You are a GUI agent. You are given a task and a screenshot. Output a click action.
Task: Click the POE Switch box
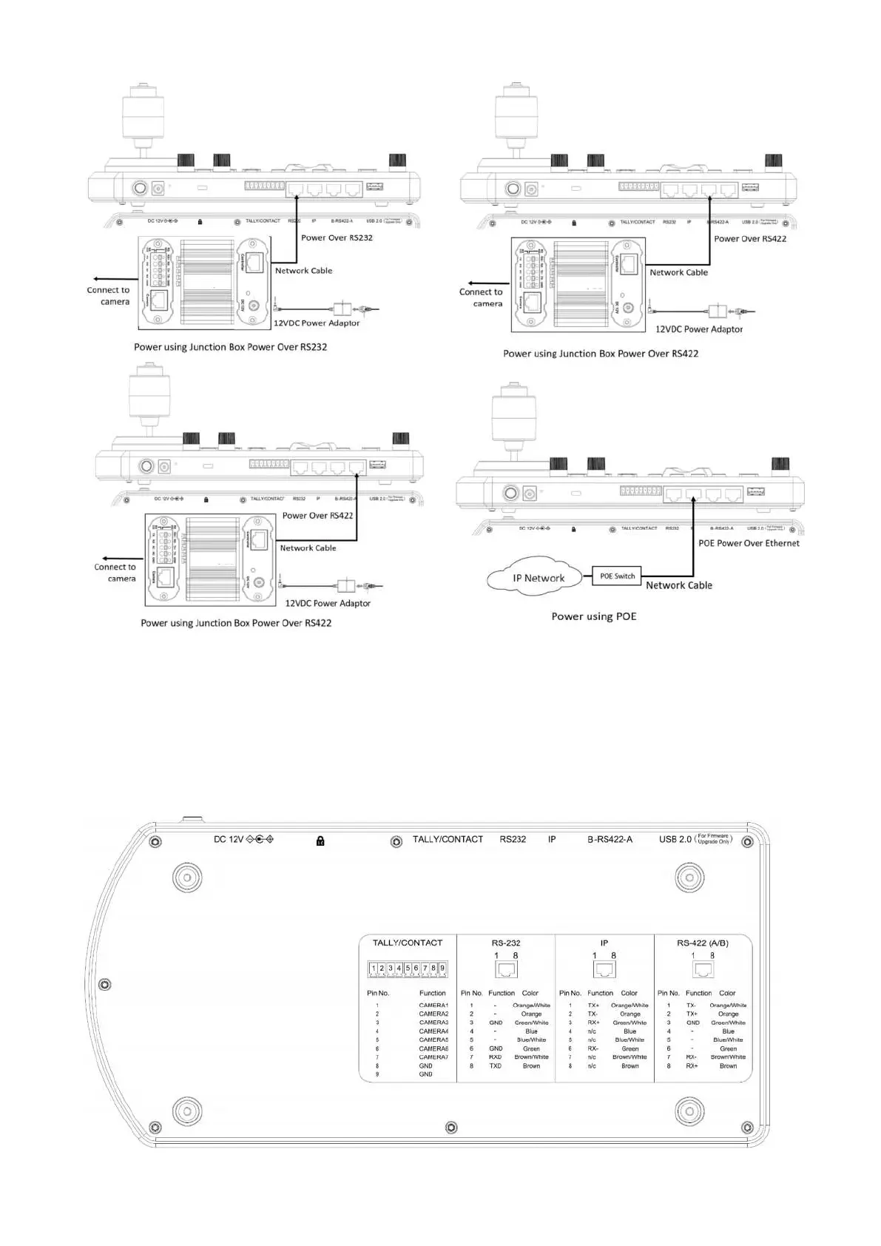click(x=617, y=576)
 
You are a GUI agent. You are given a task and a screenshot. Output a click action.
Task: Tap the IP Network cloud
click(x=538, y=578)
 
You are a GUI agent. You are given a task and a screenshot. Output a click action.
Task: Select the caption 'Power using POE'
click(x=593, y=616)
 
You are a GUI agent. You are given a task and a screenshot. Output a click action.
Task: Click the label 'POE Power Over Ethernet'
click(x=749, y=543)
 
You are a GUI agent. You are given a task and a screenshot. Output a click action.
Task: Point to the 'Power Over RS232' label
click(x=337, y=238)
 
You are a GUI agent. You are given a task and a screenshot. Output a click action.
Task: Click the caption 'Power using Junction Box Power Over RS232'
click(x=230, y=347)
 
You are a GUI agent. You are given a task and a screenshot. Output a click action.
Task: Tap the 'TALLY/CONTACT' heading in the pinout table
click(x=407, y=943)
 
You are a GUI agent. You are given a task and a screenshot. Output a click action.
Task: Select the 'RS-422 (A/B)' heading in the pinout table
click(x=702, y=943)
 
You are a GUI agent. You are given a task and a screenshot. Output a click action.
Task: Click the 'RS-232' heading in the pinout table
click(x=506, y=943)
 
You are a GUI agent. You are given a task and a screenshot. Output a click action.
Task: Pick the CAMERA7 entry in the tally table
click(x=433, y=1057)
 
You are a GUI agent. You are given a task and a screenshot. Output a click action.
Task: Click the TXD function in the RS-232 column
click(x=495, y=1066)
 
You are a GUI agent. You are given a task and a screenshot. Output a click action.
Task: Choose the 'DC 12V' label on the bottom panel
click(x=228, y=839)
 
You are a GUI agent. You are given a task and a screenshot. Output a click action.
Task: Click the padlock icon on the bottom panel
click(x=320, y=841)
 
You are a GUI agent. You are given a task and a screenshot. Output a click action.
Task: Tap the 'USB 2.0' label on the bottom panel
click(x=675, y=839)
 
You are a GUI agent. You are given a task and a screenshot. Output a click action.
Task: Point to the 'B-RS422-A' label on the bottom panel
click(x=610, y=839)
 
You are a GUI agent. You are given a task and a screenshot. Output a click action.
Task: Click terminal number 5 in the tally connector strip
click(x=408, y=968)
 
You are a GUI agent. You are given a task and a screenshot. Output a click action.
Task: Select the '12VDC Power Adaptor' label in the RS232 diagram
click(x=317, y=323)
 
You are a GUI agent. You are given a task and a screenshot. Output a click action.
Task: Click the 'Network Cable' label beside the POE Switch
click(x=678, y=585)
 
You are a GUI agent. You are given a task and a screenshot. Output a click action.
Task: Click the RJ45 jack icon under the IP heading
click(x=604, y=969)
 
